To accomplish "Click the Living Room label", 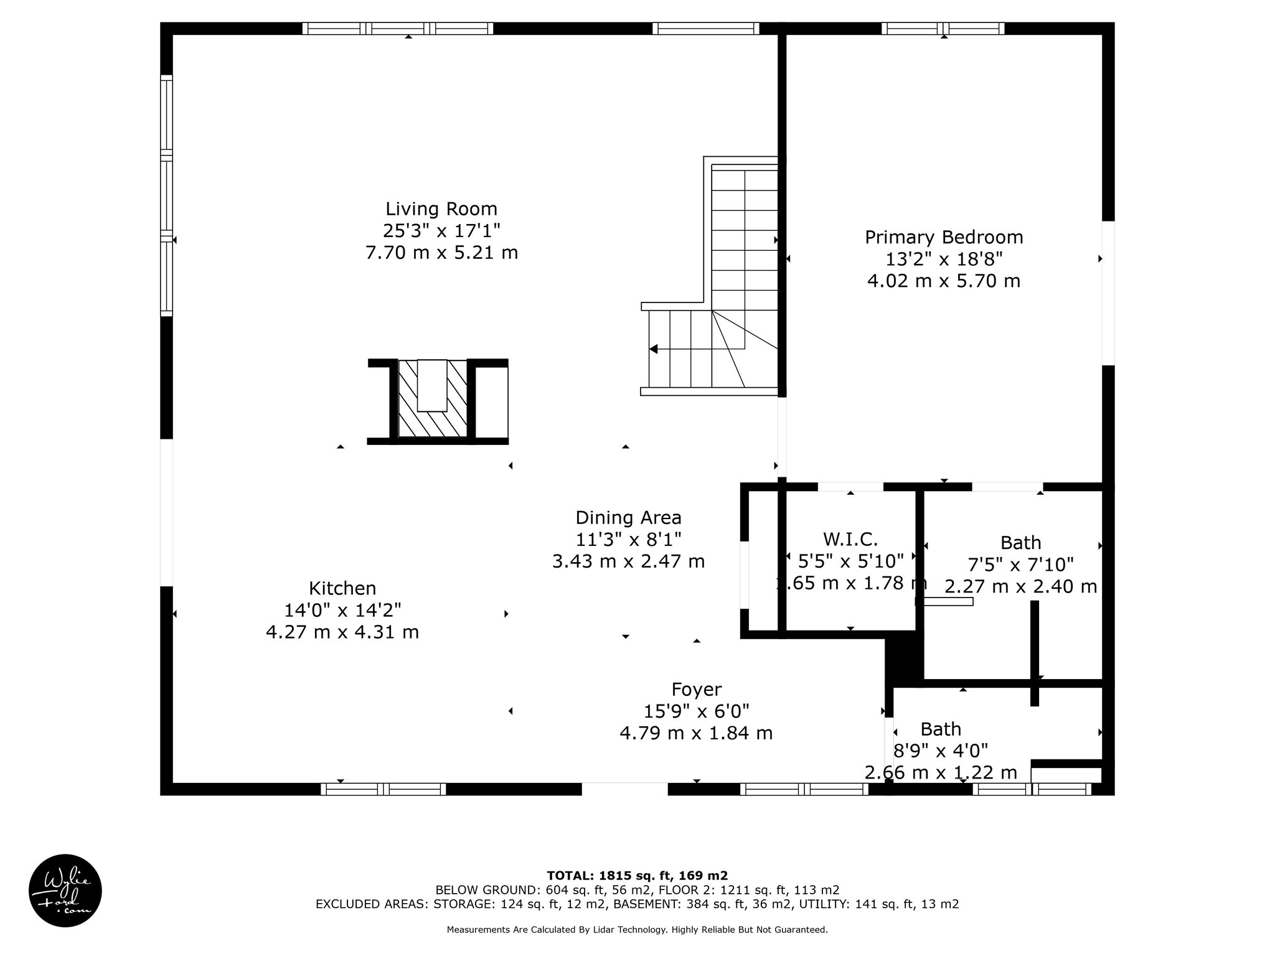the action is [441, 209].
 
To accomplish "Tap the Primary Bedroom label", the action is [944, 237].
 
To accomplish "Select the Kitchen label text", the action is [342, 588].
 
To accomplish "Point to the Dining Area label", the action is [628, 518].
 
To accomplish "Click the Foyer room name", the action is [697, 689].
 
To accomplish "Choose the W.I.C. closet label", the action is [850, 539].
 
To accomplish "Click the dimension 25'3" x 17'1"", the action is [441, 231].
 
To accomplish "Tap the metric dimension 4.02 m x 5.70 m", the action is [944, 281].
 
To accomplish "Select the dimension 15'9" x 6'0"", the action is [697, 711].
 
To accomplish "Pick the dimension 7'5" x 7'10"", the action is [1021, 565].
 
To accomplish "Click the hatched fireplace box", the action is [432, 398].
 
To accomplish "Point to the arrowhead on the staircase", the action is [653, 349].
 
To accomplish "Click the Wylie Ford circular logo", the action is [65, 891].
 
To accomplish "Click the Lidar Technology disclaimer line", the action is [637, 930].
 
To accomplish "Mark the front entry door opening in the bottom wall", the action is [624, 789].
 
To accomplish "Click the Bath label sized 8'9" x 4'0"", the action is [941, 729].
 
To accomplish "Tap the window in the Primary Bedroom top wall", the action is [943, 29].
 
